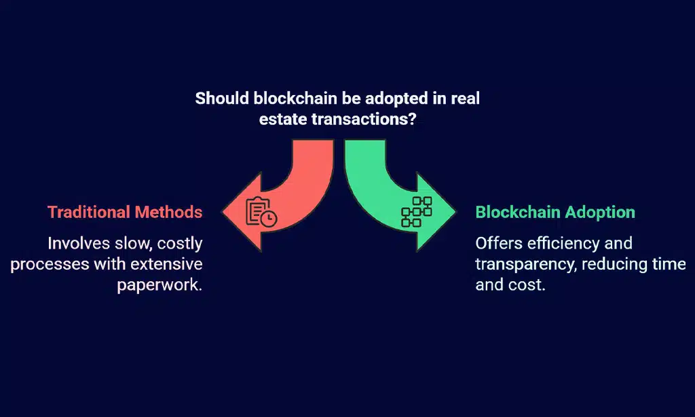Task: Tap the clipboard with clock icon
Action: (x=262, y=211)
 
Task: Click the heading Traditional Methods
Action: (x=125, y=212)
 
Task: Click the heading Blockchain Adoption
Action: (x=555, y=212)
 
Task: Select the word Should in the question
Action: (x=222, y=98)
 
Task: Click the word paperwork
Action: (x=159, y=284)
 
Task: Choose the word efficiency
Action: (x=575, y=242)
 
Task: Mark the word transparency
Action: (x=525, y=264)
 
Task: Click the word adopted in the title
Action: (x=392, y=98)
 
